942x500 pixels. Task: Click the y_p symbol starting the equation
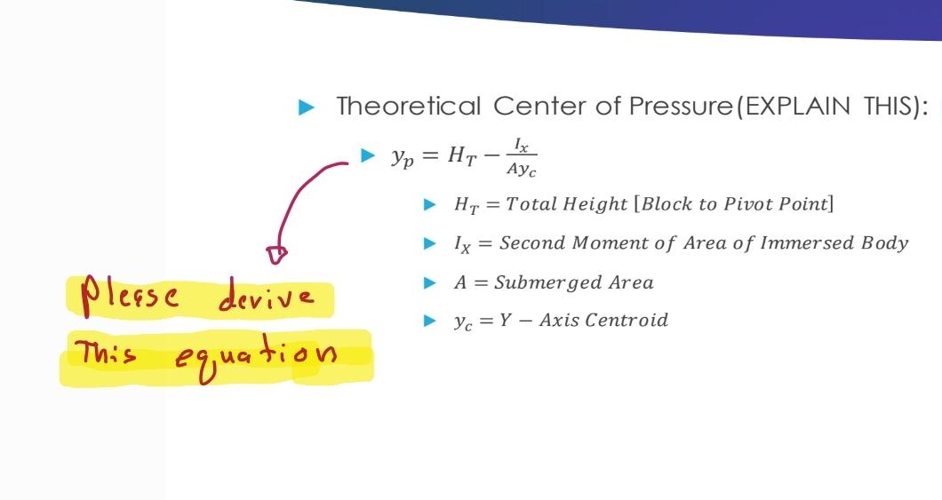(400, 157)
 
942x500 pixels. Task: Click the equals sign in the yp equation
(428, 156)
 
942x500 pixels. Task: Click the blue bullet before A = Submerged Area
(430, 283)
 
